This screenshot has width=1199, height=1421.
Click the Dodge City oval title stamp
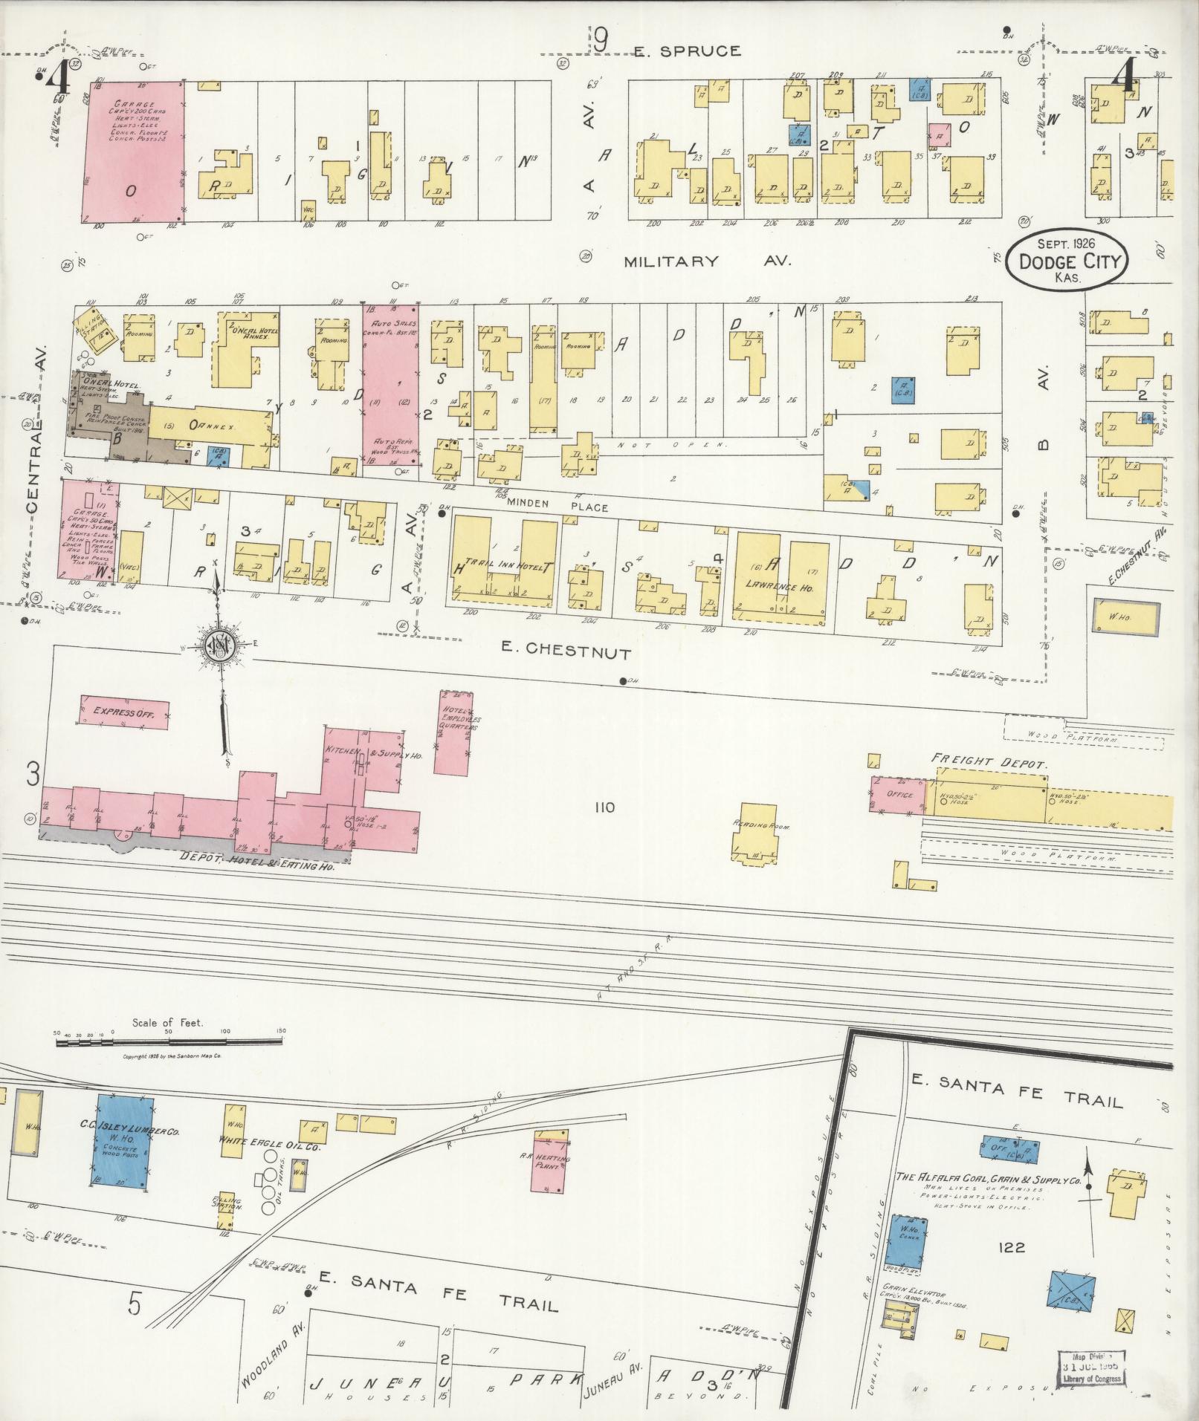coord(1066,260)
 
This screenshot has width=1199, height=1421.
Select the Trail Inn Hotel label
coord(505,565)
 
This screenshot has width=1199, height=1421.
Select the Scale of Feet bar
coord(169,1041)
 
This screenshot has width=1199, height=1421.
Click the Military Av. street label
coord(708,261)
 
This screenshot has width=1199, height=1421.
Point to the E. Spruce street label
coord(687,51)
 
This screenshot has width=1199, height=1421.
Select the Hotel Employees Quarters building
coord(453,732)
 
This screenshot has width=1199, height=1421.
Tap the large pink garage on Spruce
coord(135,152)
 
